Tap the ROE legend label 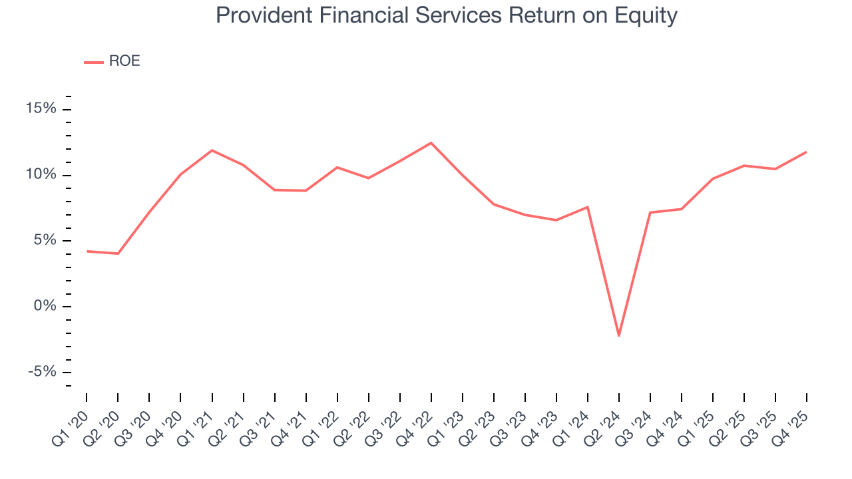(124, 61)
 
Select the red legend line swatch (93, 62)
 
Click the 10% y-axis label (42, 175)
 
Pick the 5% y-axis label (45, 240)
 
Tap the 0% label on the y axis (45, 306)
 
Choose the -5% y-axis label (43, 371)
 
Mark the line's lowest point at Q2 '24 (619, 335)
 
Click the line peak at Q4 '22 (431, 143)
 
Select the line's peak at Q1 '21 (212, 150)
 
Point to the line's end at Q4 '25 (807, 152)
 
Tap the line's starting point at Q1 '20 (87, 251)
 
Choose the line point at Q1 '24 (588, 207)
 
